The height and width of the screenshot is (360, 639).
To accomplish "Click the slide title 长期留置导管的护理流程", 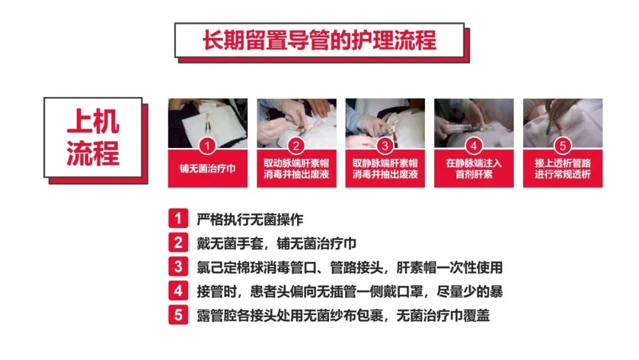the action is (319, 40).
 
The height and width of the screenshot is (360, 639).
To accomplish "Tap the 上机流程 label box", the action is (93, 137).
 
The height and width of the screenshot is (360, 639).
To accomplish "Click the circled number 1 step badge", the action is (208, 146).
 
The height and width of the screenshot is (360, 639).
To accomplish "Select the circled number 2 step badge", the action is (296, 146).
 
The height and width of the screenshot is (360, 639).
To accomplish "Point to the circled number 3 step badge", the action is (385, 146).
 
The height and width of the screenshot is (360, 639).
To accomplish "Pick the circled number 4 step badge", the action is (473, 146).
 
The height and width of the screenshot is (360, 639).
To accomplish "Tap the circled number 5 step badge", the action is (563, 146).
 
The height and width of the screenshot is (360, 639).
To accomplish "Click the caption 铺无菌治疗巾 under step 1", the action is (208, 168).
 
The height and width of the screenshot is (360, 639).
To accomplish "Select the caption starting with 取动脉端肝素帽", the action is (296, 169).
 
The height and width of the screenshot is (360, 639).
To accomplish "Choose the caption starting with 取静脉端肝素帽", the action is (385, 169).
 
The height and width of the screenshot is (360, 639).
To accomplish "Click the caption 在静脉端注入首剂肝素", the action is (473, 169).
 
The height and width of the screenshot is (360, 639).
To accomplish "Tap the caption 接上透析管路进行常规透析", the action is (563, 169).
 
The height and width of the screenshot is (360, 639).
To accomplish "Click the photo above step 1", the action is (208, 123).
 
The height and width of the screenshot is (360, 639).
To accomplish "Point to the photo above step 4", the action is (474, 123).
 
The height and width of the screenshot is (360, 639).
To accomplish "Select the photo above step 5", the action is (563, 123).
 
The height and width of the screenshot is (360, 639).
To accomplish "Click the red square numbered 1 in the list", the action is (178, 218).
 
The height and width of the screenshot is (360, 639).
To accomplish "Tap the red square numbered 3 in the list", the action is (178, 266).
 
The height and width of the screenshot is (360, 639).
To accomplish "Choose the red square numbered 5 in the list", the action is (178, 315).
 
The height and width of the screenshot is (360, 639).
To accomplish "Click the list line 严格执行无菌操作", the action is (250, 219).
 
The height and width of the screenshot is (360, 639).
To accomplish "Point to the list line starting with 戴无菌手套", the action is (277, 243).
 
